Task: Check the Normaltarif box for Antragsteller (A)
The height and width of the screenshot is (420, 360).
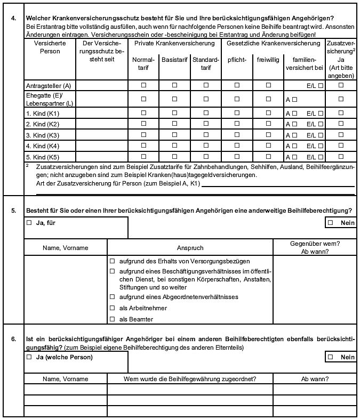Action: [143, 85]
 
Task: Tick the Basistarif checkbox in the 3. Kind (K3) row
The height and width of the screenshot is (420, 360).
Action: [174, 135]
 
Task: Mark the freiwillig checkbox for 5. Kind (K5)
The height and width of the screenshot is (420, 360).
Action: [269, 157]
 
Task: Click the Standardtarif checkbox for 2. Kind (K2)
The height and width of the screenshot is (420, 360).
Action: [206, 124]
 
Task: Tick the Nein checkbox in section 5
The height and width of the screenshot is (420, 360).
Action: [331, 223]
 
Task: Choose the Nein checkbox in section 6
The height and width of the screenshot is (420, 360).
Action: [331, 357]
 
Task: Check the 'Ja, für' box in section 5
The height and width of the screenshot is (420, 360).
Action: [29, 223]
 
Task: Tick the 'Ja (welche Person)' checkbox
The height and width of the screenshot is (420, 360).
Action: [29, 357]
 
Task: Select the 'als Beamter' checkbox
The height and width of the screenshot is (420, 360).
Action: [113, 319]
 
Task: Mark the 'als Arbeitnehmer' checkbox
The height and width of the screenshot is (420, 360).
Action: [113, 308]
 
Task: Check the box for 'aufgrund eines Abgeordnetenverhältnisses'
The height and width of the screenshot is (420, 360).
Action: [113, 297]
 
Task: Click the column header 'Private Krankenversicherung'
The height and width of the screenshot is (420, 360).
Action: [174, 43]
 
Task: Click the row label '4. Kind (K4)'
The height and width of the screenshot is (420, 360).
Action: [43, 146]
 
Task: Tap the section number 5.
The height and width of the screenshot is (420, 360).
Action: [13, 211]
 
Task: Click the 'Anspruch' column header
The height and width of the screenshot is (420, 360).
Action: [190, 248]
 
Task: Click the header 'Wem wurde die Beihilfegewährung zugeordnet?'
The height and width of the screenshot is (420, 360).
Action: [190, 379]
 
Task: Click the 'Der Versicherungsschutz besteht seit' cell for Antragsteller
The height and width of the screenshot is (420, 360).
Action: [101, 85]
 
